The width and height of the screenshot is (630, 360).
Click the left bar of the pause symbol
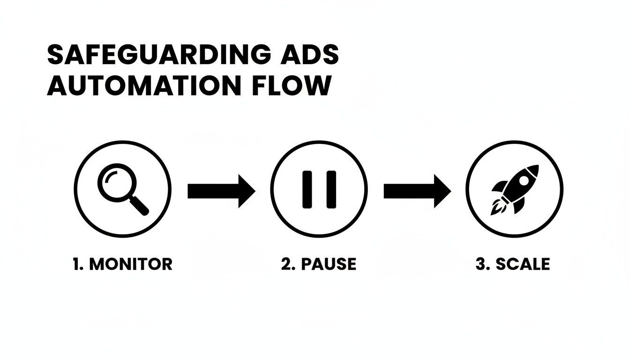click(x=307, y=189)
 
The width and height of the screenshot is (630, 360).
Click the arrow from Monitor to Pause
click(x=221, y=191)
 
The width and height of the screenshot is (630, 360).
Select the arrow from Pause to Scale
click(x=417, y=191)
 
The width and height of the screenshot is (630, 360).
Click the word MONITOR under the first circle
click(x=131, y=264)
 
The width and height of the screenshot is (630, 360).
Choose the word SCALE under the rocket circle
click(x=522, y=264)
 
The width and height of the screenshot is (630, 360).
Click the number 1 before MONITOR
click(x=76, y=264)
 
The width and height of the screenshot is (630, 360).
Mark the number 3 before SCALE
click(x=480, y=264)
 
